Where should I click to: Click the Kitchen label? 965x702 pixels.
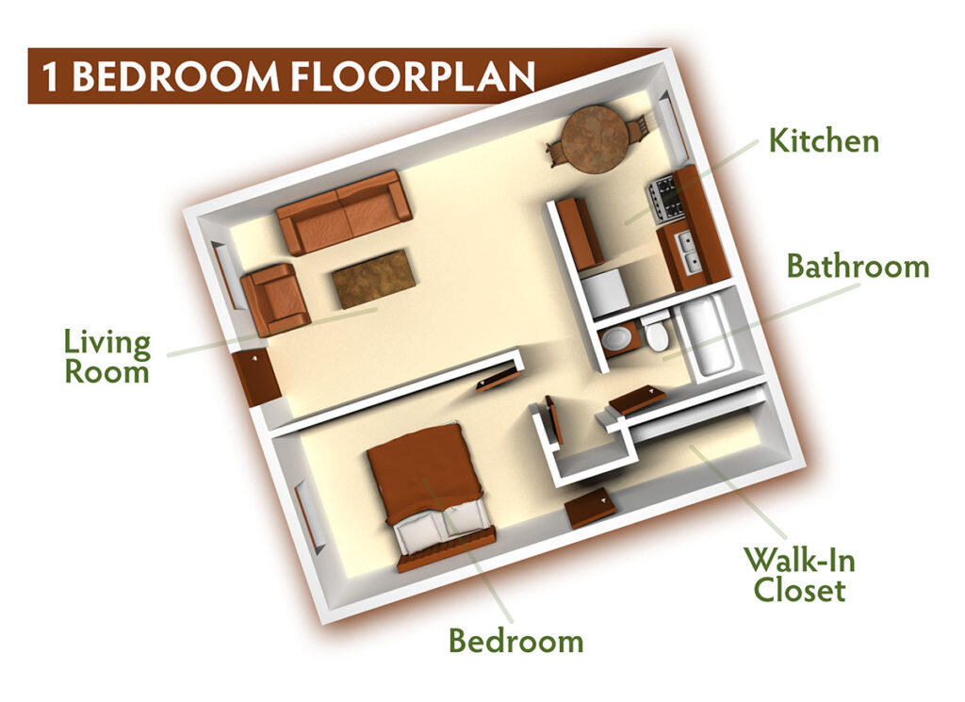tap(824, 141)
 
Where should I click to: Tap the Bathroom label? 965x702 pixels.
tap(858, 267)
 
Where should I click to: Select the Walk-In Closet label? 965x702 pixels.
tap(799, 574)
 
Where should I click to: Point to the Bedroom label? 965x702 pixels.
tap(515, 641)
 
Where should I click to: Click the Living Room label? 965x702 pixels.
tap(107, 357)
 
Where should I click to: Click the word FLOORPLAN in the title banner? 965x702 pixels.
tap(413, 76)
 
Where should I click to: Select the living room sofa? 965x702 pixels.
tap(344, 212)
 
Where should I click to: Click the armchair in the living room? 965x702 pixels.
tap(275, 300)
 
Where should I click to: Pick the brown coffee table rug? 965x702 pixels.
tap(373, 279)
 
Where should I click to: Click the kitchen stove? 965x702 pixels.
tap(665, 198)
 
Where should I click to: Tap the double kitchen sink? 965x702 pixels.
tap(688, 253)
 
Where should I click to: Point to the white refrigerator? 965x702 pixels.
tap(605, 294)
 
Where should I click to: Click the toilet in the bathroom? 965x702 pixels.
tap(656, 331)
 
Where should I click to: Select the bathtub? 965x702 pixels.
tap(705, 336)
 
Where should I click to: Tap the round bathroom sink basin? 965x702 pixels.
tap(616, 337)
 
